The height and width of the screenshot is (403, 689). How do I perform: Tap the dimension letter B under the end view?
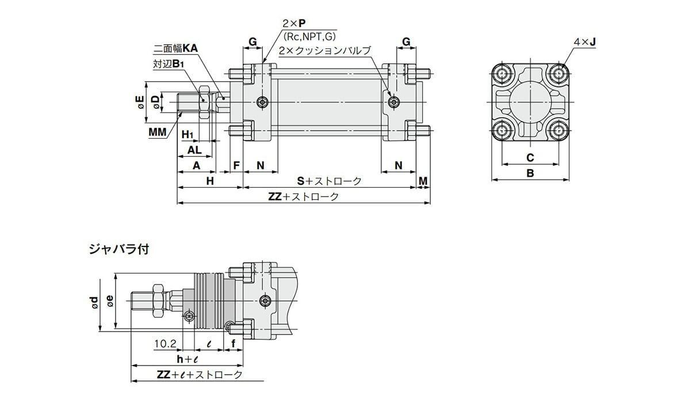530,173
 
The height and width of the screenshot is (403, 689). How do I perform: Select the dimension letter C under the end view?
530,157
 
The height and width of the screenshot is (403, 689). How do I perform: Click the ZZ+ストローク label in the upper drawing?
303,196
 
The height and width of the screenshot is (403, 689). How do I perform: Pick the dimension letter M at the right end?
423,181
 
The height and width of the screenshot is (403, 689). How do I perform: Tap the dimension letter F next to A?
236,165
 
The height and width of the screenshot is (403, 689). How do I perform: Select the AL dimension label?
195,150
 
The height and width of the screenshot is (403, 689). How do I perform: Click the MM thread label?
157,132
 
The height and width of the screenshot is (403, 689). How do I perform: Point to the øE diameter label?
139,102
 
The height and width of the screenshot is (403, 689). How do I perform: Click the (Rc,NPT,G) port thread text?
309,37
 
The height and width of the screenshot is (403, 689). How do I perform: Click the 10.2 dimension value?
165,344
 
